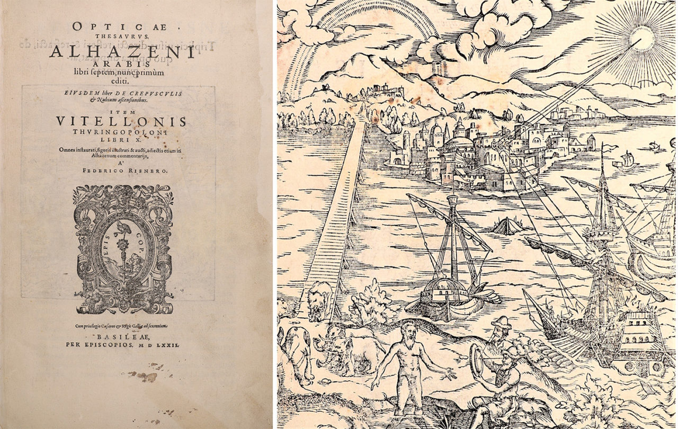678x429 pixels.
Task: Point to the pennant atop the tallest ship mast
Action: (x=610, y=148)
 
